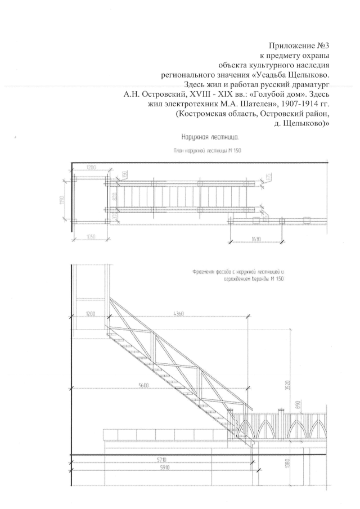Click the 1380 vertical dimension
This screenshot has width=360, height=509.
point(286,466)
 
